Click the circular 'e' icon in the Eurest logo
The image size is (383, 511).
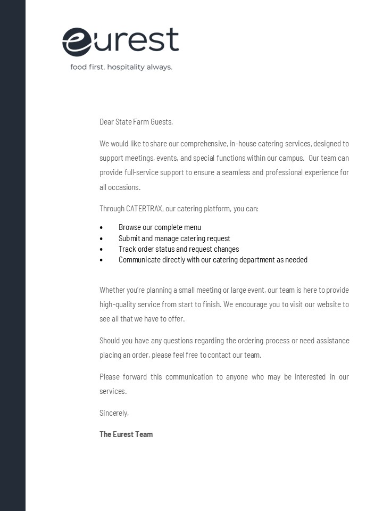pos(77,42)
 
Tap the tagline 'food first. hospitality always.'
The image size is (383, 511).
pos(121,67)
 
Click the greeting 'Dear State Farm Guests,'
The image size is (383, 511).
pos(136,122)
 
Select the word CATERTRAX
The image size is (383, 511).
pos(144,209)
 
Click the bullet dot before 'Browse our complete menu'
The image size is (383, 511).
pos(101,228)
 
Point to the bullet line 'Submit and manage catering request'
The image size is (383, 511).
pos(174,238)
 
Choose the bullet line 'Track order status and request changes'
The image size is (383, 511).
pos(178,249)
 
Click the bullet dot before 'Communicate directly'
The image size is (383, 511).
pos(101,260)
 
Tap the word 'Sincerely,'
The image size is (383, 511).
pos(114,413)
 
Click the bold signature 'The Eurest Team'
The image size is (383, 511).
pos(126,434)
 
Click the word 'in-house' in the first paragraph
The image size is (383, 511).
pos(243,144)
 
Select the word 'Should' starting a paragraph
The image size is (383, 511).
pos(110,341)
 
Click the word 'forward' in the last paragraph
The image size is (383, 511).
pos(135,377)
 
